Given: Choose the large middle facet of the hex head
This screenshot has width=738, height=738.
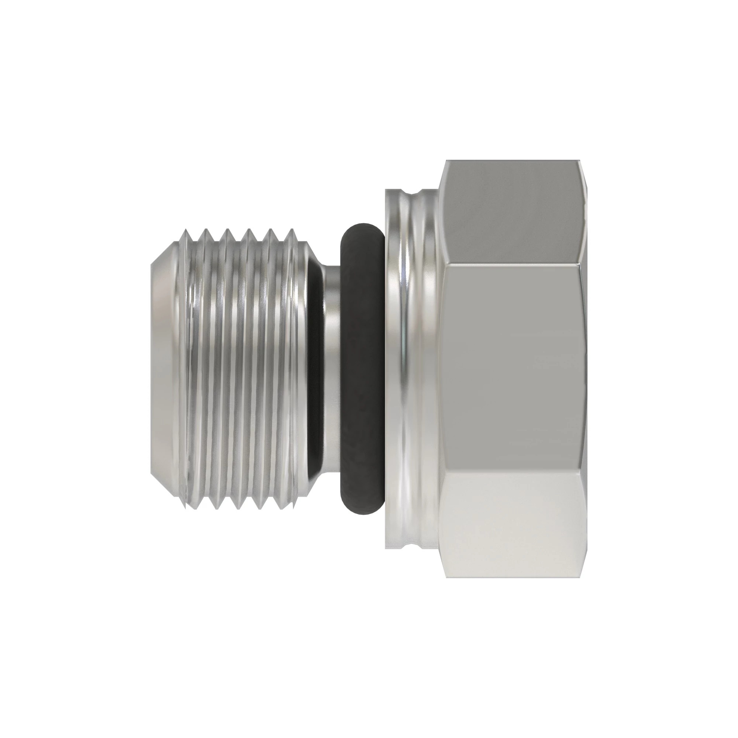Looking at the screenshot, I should pos(512,369).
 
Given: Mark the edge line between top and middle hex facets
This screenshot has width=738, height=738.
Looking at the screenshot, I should pos(512,264).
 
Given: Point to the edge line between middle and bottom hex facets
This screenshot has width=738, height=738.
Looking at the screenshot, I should pos(512,474).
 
